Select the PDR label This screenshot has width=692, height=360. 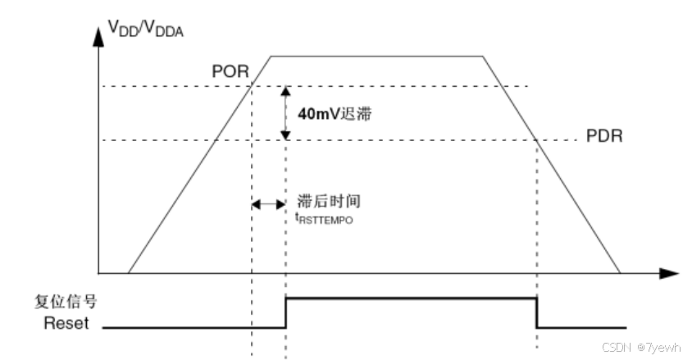pyautogui.click(x=604, y=134)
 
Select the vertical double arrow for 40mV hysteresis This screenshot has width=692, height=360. pyautogui.click(x=285, y=113)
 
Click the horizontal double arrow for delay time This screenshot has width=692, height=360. pyautogui.click(x=268, y=204)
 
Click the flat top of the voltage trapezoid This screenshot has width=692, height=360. pyautogui.click(x=377, y=56)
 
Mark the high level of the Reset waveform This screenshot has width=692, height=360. pyautogui.click(x=410, y=300)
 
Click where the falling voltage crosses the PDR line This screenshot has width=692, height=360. pyautogui.click(x=536, y=140)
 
